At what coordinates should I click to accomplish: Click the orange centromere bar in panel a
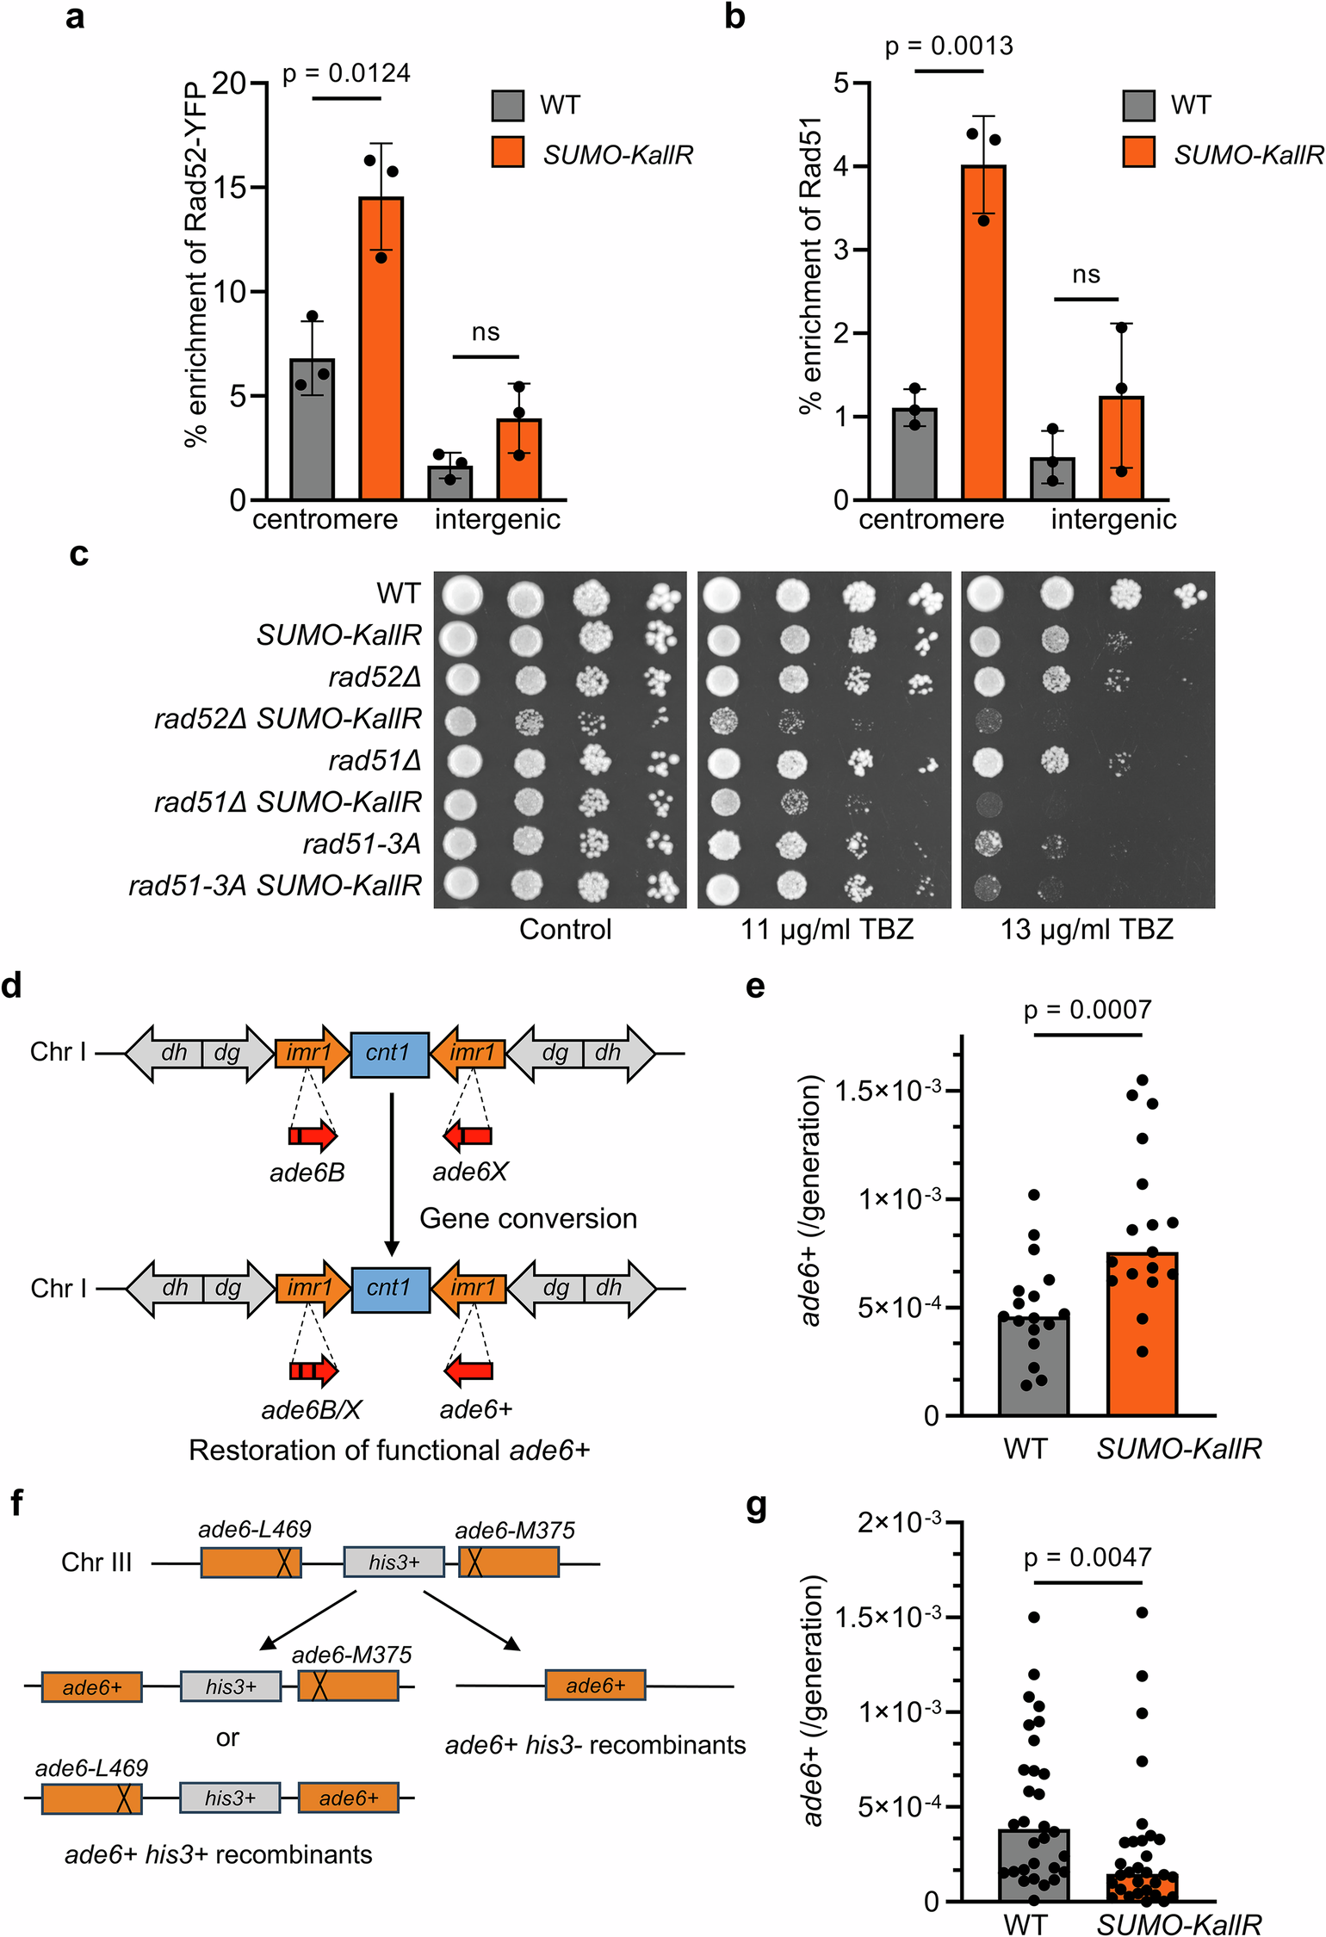tap(381, 349)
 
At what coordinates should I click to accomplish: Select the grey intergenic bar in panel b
tap(1053, 479)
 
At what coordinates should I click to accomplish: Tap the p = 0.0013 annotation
tap(949, 46)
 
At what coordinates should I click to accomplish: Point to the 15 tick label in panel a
tap(230, 188)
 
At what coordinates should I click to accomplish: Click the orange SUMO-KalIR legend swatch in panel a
tap(508, 152)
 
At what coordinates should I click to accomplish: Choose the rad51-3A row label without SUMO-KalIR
tap(362, 845)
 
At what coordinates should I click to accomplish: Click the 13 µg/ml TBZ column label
tap(1087, 930)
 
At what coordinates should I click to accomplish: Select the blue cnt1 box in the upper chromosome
tap(390, 1054)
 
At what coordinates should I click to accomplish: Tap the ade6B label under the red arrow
tap(307, 1173)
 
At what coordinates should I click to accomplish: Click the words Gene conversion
tap(528, 1219)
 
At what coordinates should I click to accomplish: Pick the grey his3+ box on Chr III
tap(394, 1562)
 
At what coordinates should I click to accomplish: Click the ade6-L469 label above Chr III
tap(254, 1529)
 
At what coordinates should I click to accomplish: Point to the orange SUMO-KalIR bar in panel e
tap(1142, 1334)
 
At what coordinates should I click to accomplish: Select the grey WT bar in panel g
tap(1033, 1865)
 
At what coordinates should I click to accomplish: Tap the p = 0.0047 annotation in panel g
tap(1087, 1557)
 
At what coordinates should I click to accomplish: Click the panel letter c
tap(79, 554)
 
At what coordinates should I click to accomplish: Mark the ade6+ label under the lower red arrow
tap(475, 1409)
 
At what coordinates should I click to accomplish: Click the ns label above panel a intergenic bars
tap(486, 332)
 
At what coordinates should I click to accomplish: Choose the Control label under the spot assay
tap(565, 930)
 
